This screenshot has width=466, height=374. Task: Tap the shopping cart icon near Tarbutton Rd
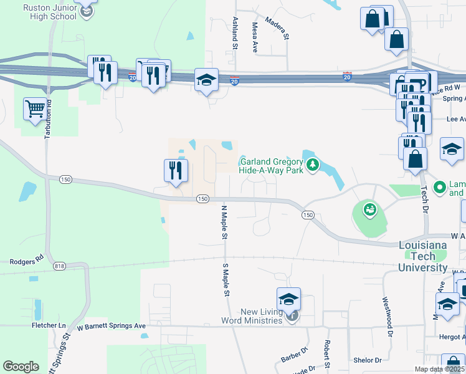(x=35, y=109)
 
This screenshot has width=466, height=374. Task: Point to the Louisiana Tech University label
(x=422, y=256)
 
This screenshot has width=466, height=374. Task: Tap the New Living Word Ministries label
(x=252, y=316)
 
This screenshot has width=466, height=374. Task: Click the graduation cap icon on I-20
(x=206, y=80)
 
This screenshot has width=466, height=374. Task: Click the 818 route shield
(x=60, y=266)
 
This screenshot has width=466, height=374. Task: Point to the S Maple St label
(x=227, y=279)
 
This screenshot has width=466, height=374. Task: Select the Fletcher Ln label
(x=49, y=325)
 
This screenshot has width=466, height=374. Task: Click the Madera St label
(x=278, y=28)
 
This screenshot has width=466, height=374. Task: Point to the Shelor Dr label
(x=367, y=360)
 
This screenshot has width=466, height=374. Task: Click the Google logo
(x=21, y=367)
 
